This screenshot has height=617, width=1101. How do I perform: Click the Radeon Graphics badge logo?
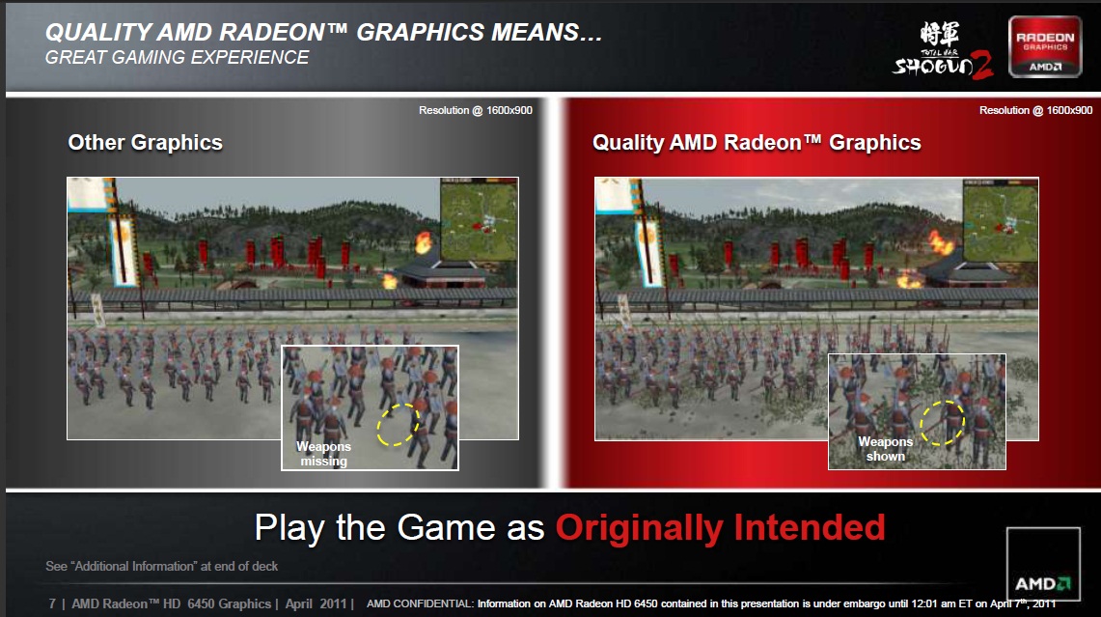[1045, 46]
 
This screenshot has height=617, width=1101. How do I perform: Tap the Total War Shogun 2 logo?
[943, 50]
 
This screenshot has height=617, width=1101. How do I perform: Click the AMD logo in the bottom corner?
[1043, 564]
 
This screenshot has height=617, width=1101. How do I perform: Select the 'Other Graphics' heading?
[146, 143]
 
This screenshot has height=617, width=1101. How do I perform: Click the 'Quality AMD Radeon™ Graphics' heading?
[757, 143]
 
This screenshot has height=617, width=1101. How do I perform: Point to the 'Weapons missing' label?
[323, 454]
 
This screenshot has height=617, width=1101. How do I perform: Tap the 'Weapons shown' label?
[886, 449]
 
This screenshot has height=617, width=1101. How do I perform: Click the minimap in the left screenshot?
[479, 219]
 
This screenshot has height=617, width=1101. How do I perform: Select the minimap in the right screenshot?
[1001, 220]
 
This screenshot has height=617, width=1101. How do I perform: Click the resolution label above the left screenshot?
[476, 110]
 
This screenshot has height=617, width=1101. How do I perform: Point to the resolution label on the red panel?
[1035, 110]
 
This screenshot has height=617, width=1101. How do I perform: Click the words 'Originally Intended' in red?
[721, 528]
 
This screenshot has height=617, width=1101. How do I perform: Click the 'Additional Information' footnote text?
[161, 567]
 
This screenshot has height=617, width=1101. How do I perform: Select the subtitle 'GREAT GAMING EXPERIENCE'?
[177, 58]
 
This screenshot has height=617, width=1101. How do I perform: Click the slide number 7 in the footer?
[52, 603]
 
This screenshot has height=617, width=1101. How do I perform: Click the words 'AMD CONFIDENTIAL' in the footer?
[420, 603]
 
